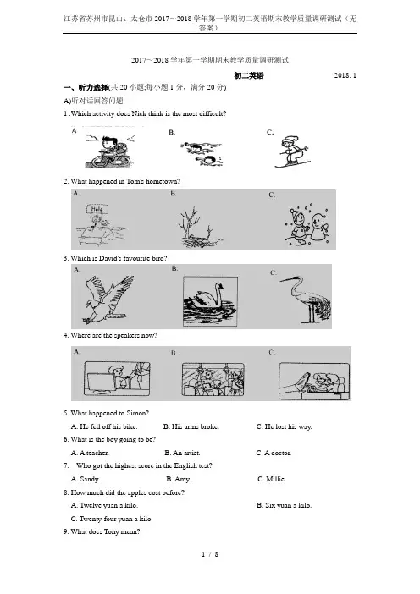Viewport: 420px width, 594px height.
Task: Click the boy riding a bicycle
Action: [109, 151]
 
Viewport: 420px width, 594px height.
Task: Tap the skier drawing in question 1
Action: [293, 151]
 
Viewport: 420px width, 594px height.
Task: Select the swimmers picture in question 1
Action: [202, 154]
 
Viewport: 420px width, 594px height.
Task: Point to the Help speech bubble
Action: [97, 209]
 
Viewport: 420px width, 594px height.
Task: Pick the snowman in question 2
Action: [320, 228]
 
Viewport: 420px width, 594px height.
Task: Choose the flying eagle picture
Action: [108, 300]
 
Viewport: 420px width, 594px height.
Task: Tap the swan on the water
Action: [210, 301]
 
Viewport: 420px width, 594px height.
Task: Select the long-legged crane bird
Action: [307, 300]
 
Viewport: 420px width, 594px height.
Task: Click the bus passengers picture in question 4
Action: [213, 379]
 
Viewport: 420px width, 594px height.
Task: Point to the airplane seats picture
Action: [314, 381]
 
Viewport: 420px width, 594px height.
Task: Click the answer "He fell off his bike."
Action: [104, 426]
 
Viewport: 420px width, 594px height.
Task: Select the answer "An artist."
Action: [182, 453]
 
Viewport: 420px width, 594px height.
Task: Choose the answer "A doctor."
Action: [274, 453]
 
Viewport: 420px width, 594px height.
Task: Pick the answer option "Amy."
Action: [178, 479]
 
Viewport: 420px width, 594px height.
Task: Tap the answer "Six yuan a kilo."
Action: [284, 505]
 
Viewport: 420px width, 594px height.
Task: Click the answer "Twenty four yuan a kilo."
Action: [112, 519]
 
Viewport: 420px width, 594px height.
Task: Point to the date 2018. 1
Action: [345, 75]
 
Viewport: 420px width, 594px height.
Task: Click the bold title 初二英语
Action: [249, 76]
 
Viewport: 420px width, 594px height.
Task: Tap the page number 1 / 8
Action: [210, 554]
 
